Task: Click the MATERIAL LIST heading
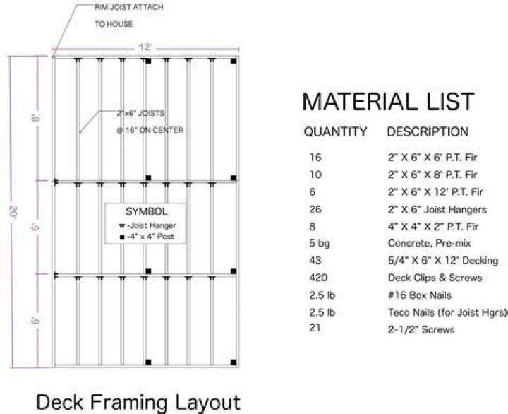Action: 388,102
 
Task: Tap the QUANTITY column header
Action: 335,131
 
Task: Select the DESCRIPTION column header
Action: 428,131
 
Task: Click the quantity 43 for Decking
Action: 315,260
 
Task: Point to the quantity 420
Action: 318,278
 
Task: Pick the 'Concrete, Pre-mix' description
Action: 429,243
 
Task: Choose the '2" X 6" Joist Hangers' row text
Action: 437,210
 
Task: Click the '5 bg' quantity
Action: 320,243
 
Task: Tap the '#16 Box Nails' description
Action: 420,295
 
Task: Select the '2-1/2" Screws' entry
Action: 421,330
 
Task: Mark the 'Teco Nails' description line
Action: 447,312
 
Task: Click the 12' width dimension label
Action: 145,47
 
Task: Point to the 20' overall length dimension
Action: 14,212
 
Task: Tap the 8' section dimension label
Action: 35,118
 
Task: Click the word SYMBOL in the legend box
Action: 147,212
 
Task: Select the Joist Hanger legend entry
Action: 147,225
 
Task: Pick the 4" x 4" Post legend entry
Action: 147,237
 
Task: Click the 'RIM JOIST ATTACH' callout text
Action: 129,8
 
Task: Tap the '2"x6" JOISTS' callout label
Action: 140,113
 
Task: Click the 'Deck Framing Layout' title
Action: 138,402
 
